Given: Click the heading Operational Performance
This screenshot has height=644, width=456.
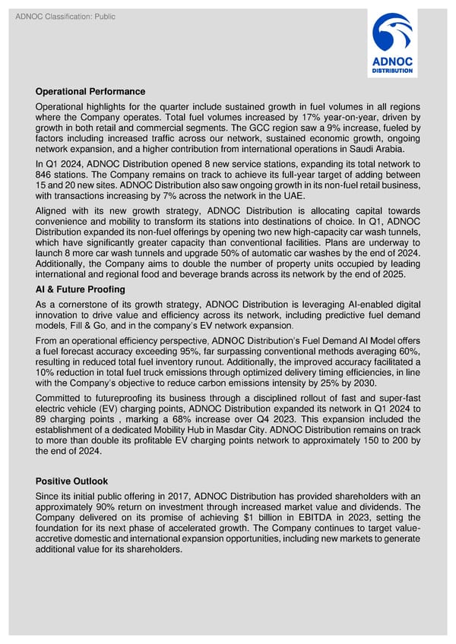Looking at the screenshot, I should (x=90, y=92).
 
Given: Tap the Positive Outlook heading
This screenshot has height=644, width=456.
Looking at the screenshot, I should (x=71, y=481).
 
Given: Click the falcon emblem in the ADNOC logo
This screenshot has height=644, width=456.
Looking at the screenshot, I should (x=391, y=33).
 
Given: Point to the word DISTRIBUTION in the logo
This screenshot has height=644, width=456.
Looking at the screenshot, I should (x=392, y=71).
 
